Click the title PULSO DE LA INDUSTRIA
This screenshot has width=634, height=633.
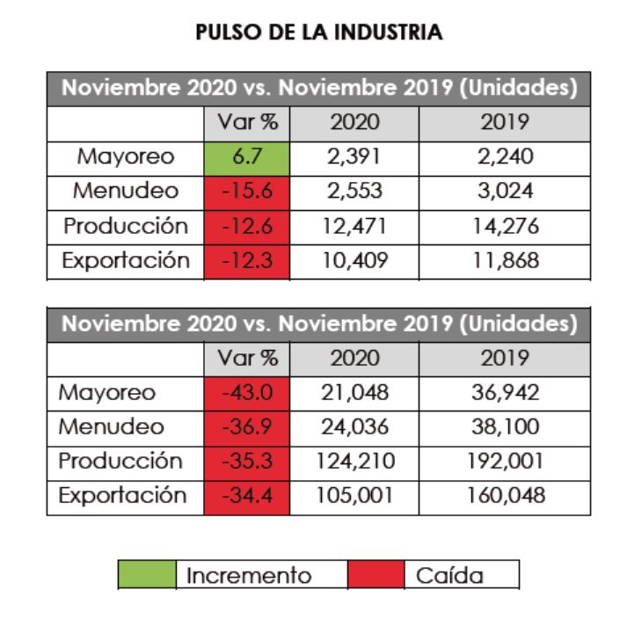(318, 33)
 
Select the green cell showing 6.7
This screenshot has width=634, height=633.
(246, 157)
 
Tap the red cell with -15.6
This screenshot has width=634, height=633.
(246, 192)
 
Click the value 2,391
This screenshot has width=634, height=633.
(354, 157)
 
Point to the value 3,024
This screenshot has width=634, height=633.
(504, 192)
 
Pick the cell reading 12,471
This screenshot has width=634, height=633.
(354, 226)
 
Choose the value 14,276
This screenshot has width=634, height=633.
(504, 226)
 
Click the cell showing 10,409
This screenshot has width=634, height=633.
(354, 260)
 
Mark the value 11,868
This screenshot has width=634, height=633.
(504, 260)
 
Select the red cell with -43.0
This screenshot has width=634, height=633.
(246, 393)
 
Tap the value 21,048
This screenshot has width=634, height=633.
(354, 393)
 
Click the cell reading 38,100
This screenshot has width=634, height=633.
(504, 427)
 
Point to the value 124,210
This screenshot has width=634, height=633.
(354, 462)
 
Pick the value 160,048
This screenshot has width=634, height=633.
(504, 496)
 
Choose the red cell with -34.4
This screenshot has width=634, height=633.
(246, 496)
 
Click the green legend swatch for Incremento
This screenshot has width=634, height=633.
(147, 575)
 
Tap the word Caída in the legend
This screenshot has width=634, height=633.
(449, 576)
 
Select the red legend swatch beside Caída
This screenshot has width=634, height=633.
(375, 575)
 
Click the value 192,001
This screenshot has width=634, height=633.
(504, 462)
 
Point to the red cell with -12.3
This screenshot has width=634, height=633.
(246, 260)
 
